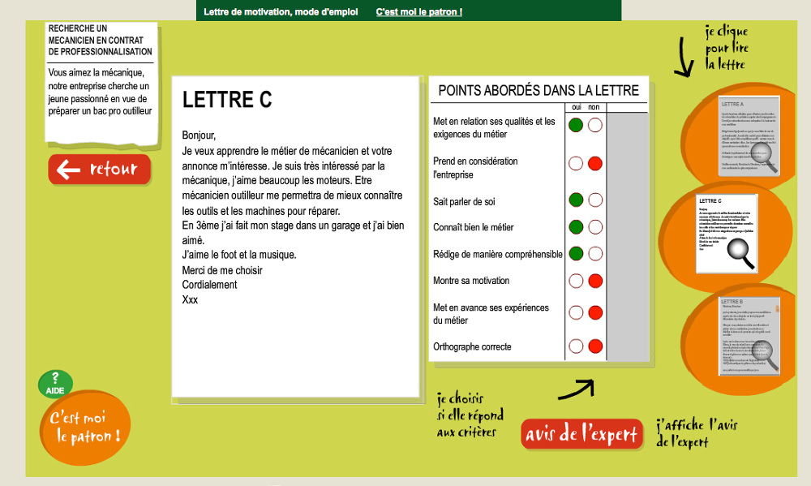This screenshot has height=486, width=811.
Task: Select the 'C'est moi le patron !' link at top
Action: point(419,12)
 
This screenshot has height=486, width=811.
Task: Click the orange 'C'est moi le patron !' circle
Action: point(85,428)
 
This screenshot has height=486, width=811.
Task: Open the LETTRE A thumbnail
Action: point(749,135)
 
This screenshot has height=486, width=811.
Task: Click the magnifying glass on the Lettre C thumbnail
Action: point(739,252)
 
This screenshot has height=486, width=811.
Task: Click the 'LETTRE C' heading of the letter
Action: point(227,100)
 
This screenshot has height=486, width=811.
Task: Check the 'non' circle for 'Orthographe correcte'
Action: point(595,346)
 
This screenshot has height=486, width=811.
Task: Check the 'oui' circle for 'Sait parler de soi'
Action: point(576,200)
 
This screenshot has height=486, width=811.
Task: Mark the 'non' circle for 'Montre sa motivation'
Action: point(595,281)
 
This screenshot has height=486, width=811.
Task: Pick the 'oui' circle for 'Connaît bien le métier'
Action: point(576,227)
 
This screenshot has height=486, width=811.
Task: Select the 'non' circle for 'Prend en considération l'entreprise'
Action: point(595,164)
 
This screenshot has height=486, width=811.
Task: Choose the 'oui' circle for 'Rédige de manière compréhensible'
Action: point(576,254)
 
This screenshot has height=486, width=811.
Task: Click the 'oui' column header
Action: point(576,107)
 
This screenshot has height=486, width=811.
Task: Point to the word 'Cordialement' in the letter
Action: point(209,285)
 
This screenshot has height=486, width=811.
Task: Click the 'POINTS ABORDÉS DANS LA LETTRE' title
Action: point(538,90)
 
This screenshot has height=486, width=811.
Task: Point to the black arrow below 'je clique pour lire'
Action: point(683,63)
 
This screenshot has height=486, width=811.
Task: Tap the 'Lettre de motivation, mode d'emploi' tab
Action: point(281,12)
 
